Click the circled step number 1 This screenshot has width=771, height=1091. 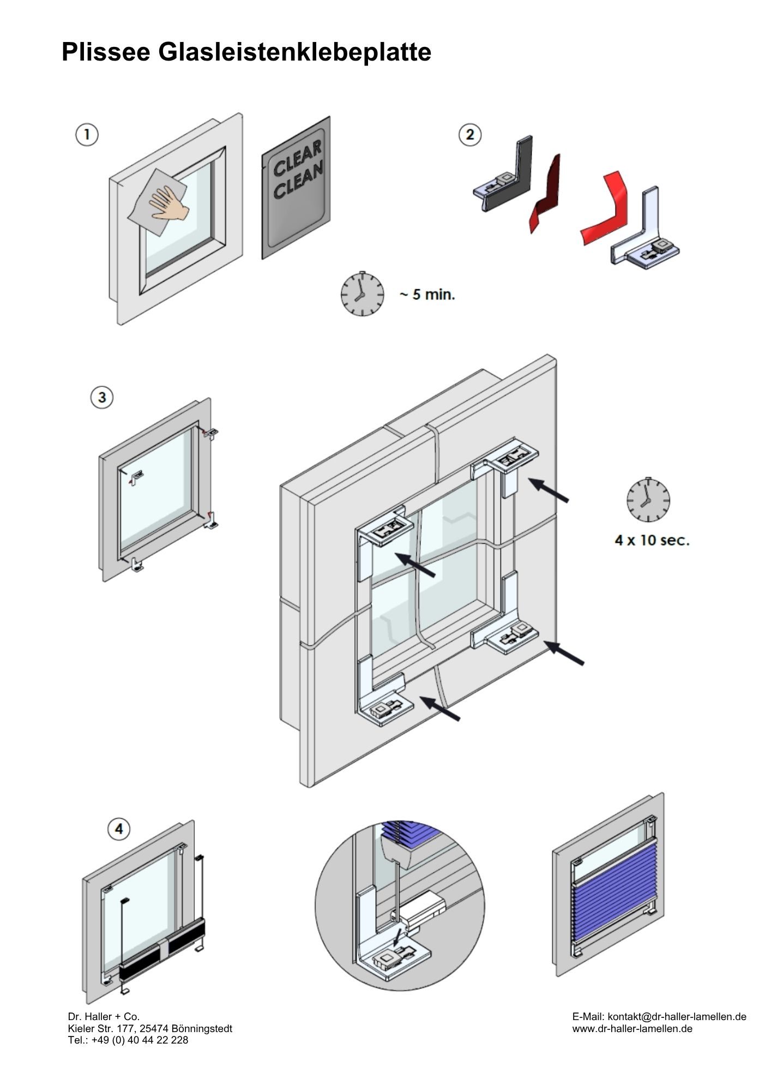pyautogui.click(x=87, y=135)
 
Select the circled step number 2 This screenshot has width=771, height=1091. pyautogui.click(x=471, y=135)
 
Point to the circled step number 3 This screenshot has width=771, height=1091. pyautogui.click(x=102, y=398)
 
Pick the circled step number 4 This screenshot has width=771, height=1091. pyautogui.click(x=119, y=830)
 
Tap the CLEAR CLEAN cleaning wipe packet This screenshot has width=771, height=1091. pyautogui.click(x=296, y=187)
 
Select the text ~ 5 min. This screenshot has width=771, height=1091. pyautogui.click(x=427, y=295)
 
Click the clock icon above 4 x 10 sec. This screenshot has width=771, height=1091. pyautogui.click(x=648, y=500)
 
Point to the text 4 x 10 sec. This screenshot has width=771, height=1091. pyautogui.click(x=652, y=541)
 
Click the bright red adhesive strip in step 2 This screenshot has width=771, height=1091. pyautogui.click(x=605, y=207)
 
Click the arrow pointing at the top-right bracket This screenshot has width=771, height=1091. pyautogui.click(x=549, y=489)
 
